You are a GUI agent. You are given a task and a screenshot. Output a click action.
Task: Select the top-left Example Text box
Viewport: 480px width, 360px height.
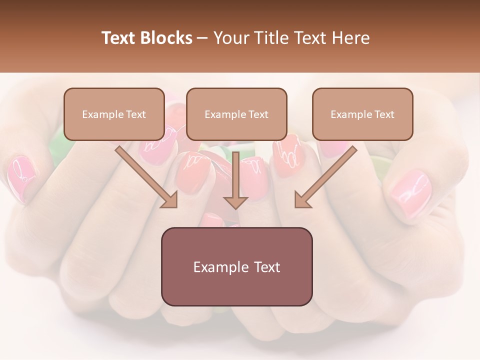114,114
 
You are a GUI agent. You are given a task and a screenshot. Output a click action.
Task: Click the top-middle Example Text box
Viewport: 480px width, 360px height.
236,114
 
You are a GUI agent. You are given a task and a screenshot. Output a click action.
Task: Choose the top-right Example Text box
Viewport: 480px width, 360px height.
362,114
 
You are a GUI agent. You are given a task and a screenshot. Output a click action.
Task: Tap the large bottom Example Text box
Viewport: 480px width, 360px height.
236,266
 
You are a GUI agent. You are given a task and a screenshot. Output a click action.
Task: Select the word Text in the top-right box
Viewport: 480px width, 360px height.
384,114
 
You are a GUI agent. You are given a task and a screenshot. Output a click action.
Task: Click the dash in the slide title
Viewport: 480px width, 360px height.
202,38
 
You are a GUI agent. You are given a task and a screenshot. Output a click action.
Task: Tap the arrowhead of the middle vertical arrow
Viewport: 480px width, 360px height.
235,201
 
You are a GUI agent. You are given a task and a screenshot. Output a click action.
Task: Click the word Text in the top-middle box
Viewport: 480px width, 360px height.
258,114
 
